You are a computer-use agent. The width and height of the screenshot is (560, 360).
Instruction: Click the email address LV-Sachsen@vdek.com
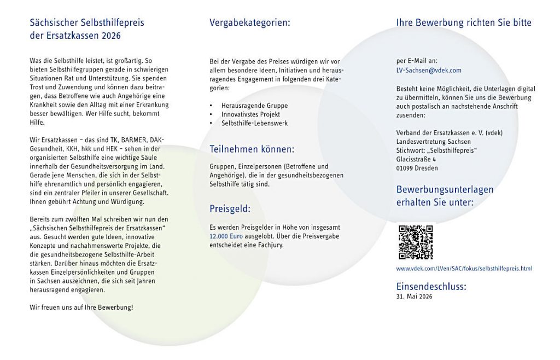click(429, 70)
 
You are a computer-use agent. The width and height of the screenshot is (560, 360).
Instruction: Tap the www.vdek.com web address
click(464, 269)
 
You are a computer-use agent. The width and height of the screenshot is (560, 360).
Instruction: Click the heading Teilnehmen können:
click(252, 149)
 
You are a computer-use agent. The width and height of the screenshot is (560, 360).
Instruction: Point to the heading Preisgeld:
click(230, 208)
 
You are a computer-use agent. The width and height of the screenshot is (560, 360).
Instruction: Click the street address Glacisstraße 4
click(416, 159)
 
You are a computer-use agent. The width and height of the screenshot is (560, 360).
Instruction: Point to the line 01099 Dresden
click(417, 168)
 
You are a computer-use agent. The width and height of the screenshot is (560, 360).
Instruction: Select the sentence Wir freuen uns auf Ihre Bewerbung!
click(81, 307)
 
